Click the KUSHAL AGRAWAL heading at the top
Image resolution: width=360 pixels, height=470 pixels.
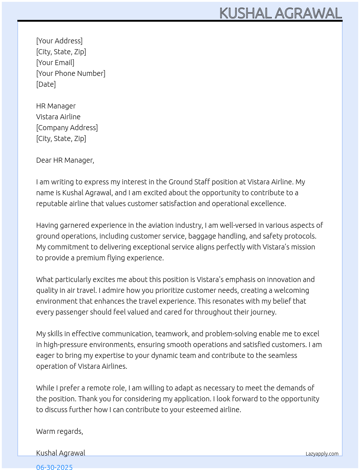tap(280, 13)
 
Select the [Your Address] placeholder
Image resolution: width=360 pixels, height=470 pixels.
tap(59, 41)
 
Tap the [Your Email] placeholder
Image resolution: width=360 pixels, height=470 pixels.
tap(55, 63)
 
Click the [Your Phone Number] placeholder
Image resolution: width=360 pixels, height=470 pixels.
tap(71, 73)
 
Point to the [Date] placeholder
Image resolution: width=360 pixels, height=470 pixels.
tap(46, 84)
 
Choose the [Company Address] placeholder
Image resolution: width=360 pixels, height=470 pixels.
tap(67, 128)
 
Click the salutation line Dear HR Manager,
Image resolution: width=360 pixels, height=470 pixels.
tap(65, 160)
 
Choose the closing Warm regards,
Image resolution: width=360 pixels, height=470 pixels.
tap(60, 431)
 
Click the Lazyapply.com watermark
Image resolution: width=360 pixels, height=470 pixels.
tap(322, 454)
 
